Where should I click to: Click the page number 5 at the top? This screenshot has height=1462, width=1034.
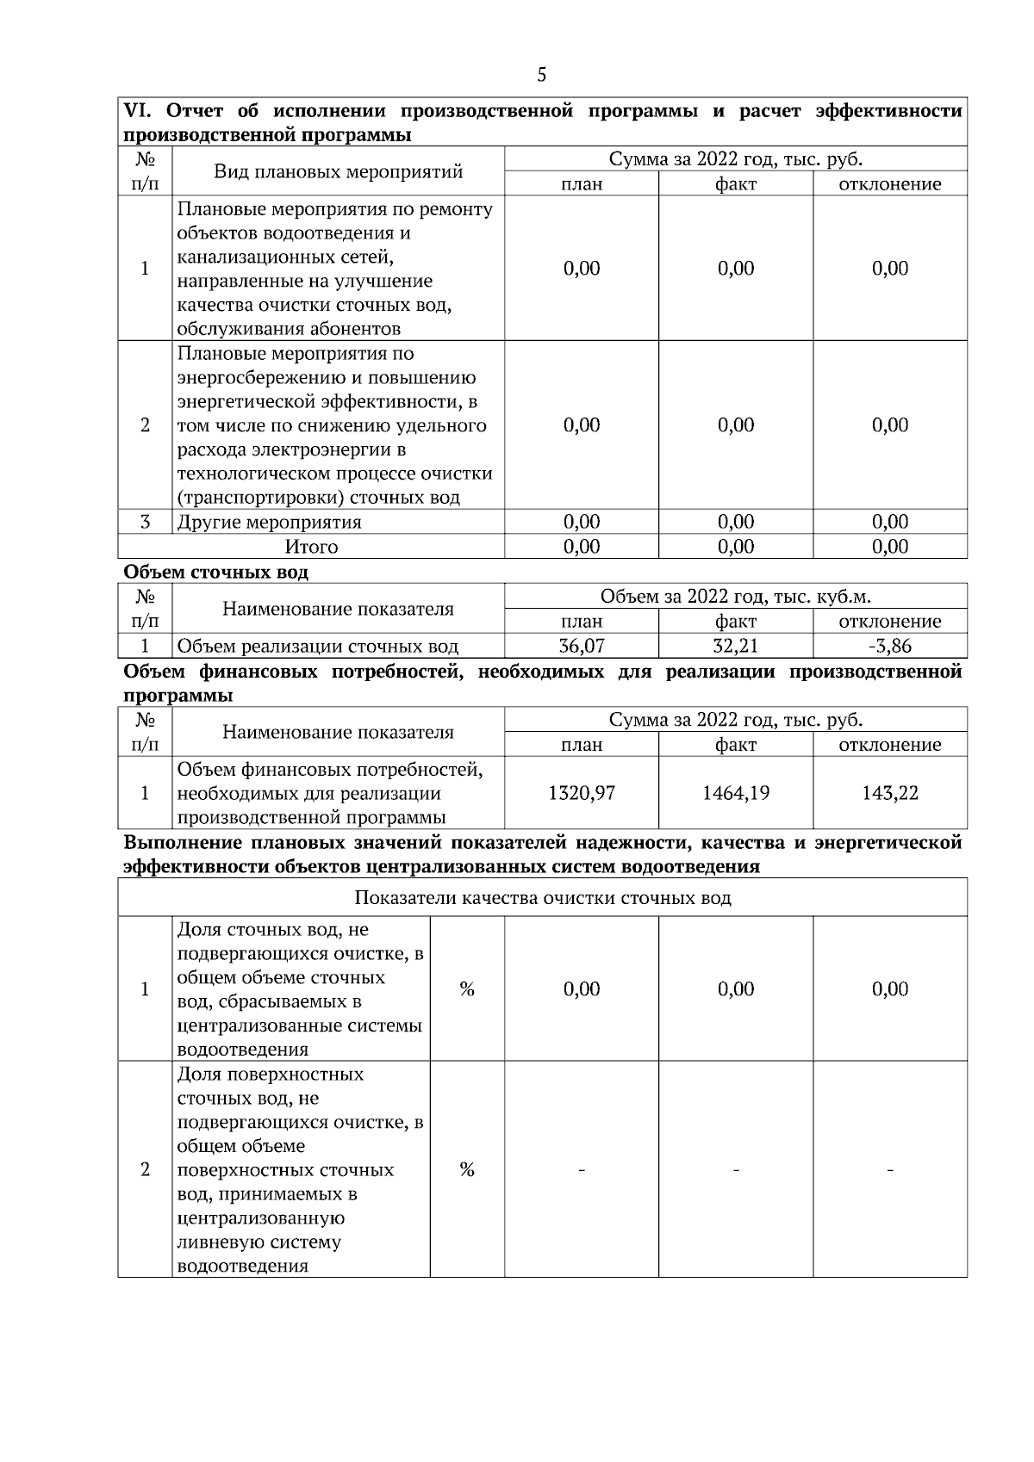541,75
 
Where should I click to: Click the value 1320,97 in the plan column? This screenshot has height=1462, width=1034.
582,793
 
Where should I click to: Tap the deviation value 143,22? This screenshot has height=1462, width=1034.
890,793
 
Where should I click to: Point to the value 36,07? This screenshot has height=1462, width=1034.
582,646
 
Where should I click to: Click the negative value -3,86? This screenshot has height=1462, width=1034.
890,646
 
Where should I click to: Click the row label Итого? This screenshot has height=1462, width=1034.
311,547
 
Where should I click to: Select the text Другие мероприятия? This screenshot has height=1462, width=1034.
269,523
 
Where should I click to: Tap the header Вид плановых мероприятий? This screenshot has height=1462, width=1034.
338,171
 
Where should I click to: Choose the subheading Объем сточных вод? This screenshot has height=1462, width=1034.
215,572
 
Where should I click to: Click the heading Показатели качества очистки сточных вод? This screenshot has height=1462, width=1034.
543,898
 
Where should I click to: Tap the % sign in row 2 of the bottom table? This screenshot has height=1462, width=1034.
467,1169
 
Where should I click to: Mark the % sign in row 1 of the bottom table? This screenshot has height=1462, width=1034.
467,989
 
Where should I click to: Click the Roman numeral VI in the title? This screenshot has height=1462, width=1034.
137,111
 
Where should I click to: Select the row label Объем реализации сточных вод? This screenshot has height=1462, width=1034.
317,647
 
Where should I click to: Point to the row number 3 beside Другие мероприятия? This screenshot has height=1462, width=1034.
145,522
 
